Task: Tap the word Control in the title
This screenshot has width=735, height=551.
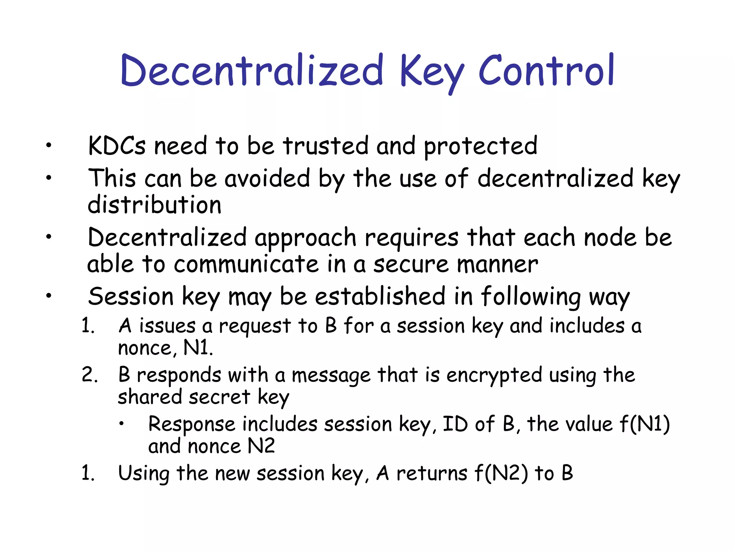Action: [547, 70]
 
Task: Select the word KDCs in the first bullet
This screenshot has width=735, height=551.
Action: [117, 146]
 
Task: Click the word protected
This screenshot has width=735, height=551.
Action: [481, 147]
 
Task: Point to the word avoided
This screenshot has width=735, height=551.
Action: [267, 178]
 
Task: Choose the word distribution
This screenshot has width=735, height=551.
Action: [154, 205]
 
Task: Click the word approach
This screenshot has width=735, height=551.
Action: [305, 239]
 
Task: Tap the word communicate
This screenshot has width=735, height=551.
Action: [246, 264]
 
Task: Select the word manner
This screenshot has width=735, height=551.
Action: [497, 264]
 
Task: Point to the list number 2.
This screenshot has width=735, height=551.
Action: [89, 375]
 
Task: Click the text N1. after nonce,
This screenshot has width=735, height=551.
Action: [198, 348]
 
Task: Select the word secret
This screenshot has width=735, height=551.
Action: [219, 397]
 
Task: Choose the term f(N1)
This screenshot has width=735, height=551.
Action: [645, 424]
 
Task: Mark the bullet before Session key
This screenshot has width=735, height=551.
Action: [49, 296]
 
